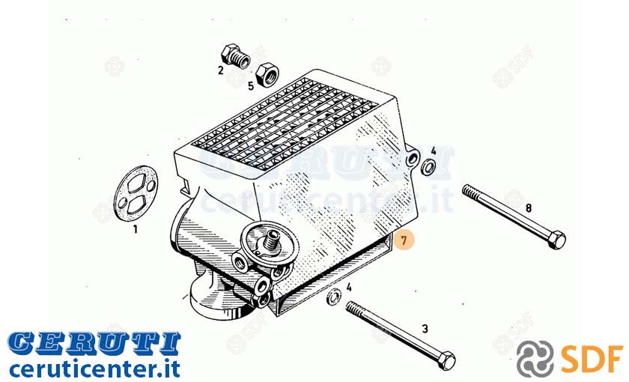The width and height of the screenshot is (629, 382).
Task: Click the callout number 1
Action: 136,229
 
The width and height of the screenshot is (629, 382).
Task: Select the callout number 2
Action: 221,70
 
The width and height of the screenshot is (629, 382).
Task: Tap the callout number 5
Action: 251,86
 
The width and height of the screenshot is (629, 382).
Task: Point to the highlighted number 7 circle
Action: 404,240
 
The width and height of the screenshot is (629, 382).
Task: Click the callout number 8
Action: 529,208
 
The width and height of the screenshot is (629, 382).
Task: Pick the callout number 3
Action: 425,329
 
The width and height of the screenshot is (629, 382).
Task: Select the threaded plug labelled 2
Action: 235,56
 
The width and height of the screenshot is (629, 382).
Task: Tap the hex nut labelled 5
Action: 267,74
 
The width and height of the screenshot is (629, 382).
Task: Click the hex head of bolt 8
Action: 556,240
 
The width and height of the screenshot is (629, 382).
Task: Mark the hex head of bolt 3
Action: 446,360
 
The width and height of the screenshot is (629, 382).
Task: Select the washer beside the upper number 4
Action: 428,166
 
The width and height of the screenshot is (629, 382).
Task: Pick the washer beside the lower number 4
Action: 334,297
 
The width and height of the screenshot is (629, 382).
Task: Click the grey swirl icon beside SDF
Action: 535,359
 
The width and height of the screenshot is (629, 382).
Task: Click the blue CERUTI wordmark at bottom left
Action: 94,344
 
